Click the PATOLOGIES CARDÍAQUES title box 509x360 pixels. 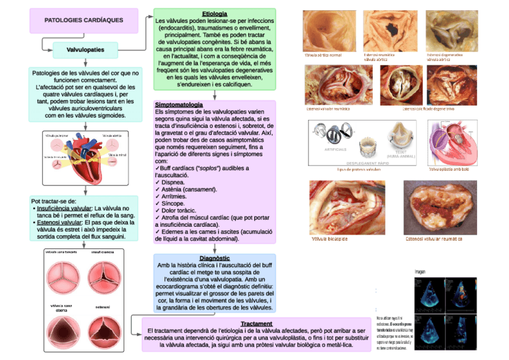coord(84,20)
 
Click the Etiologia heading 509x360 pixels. coord(214,14)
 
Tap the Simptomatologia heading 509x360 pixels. coord(178,104)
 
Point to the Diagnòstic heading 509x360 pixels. coord(214,258)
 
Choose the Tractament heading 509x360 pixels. coord(256,323)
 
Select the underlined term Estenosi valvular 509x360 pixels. coord(59,222)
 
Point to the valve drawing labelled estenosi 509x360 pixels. coord(103,332)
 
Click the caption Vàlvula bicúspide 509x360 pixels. coord(330,239)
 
